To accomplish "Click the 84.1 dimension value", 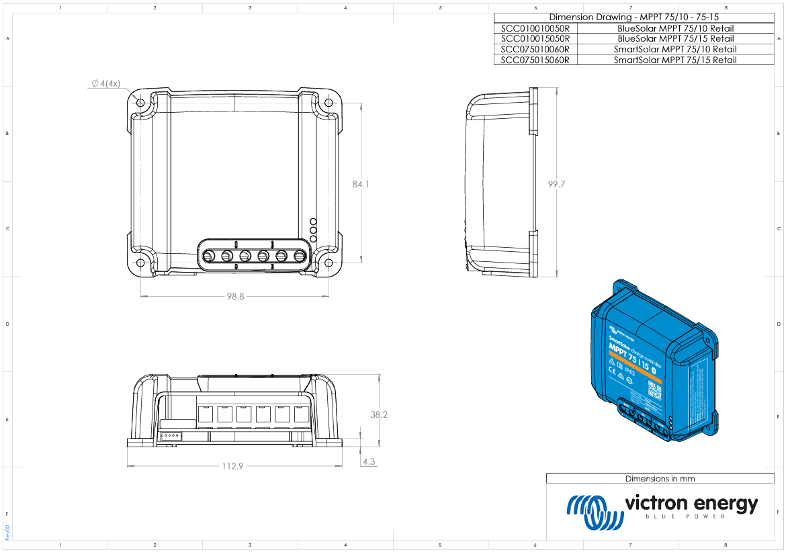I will point(361,183).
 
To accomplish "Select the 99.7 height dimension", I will point(556,184).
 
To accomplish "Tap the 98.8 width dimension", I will point(234,295).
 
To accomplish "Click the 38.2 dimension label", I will point(379,414).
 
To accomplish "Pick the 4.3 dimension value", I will point(368,462).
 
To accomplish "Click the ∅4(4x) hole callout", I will point(106,84).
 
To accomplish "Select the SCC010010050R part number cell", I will point(535,29).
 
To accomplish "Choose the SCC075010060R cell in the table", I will point(535,50).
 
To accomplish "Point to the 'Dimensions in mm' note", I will point(660,479).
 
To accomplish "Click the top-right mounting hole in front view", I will point(328,103).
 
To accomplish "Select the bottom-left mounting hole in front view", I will point(141,263).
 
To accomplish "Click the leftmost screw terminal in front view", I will point(209,256).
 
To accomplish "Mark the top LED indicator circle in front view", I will point(313,222).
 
